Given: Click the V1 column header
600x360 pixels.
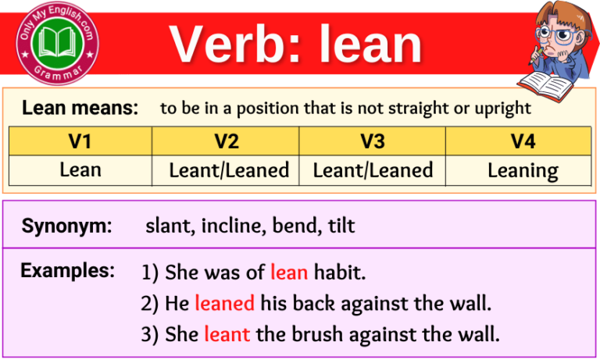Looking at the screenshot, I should pos(80,141).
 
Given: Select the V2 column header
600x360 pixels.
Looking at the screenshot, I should pos(227,141).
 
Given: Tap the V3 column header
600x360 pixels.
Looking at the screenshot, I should pos(373,141).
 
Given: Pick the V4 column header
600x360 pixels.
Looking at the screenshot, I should pos(522,141).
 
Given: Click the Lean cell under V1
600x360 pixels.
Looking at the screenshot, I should pos(80,169).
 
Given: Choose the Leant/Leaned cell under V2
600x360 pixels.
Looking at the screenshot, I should pos(229,170).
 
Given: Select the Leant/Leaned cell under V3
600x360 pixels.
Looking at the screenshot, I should pos(373,170).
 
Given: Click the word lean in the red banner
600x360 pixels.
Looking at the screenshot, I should pos(370,44).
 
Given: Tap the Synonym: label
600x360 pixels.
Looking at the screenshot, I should pos(66,226).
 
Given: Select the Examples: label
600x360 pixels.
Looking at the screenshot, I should pos(68,271).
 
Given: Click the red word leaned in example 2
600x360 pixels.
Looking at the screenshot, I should pos(225,303).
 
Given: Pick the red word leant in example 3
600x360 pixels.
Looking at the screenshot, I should pos(227,334).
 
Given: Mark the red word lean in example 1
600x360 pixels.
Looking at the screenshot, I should pos(289,273).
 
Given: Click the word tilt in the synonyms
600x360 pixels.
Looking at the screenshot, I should pos(340,226).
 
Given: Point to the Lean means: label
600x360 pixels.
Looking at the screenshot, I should pos(80,109).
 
